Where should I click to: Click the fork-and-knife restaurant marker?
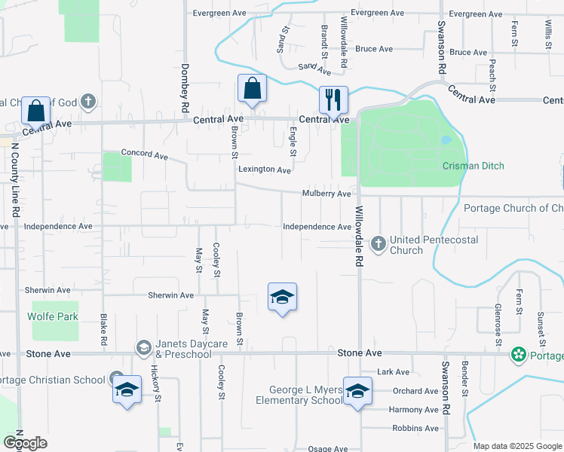pos(333,100)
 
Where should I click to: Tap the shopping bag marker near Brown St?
pos(253,88)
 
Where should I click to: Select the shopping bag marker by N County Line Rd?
pos(35,111)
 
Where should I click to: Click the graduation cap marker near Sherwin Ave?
pos(282,298)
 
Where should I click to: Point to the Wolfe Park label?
pos(53,316)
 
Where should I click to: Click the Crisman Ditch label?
pos(473,166)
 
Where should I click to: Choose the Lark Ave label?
pos(393,372)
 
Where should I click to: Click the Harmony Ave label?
pos(413,410)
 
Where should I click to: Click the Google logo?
pos(25,443)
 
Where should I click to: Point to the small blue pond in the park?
pos(445,139)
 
